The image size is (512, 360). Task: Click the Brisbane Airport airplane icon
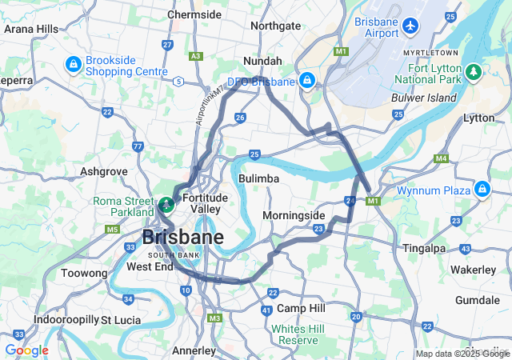click(411, 26)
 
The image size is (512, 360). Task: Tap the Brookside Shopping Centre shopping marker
click(73, 63)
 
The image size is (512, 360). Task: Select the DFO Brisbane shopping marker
click(306, 80)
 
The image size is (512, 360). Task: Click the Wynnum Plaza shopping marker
click(482, 189)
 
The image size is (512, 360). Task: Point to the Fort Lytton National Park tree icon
click(474, 73)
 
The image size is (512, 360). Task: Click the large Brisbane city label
click(183, 238)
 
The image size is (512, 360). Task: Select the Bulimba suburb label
click(258, 178)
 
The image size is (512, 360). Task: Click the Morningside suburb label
click(294, 216)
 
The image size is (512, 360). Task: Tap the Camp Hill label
click(301, 308)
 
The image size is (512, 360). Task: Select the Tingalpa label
click(425, 248)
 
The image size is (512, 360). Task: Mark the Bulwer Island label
click(423, 98)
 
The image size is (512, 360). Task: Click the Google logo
click(26, 350)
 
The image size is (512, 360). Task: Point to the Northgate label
click(275, 26)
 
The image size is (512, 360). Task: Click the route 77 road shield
click(138, 146)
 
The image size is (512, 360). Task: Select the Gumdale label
click(477, 299)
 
